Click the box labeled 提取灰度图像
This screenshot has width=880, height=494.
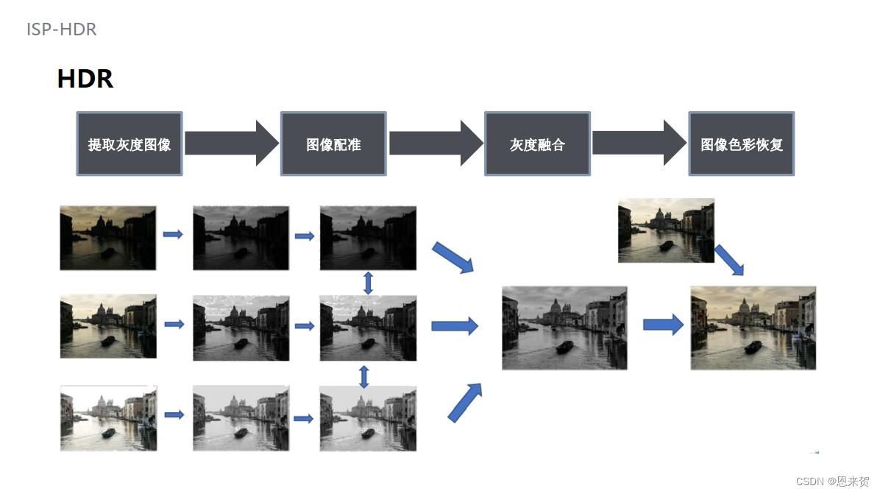tap(129, 144)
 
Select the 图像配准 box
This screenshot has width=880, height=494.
tap(333, 144)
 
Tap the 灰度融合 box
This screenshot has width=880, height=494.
tap(537, 144)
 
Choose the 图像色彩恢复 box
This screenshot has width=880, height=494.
tap(741, 144)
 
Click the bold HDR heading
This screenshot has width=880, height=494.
tap(85, 79)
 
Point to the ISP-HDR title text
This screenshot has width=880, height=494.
tap(62, 29)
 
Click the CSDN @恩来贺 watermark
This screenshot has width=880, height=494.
tap(832, 481)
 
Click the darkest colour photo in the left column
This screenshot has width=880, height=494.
tap(108, 237)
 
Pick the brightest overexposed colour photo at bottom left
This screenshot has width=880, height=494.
tap(108, 417)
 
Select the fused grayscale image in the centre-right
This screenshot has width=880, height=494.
tap(564, 328)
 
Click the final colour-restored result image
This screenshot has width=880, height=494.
tap(753, 328)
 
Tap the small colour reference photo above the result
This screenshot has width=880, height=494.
tap(666, 230)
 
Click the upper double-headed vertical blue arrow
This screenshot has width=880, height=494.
tap(368, 283)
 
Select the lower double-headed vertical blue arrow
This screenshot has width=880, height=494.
tap(363, 377)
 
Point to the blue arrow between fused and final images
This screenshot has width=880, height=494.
tap(663, 325)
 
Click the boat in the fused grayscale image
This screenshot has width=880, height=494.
tap(564, 347)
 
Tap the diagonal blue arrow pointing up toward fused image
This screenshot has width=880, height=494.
tap(465, 403)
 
